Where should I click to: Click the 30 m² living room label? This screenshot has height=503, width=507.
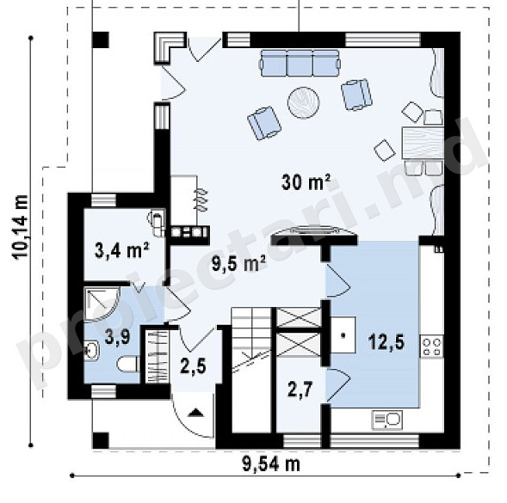[x=306, y=182]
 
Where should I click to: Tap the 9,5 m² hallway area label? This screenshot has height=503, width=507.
[x=238, y=264]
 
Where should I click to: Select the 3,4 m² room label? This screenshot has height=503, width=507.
[x=122, y=250]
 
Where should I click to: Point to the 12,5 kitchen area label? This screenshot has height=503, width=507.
[x=386, y=343]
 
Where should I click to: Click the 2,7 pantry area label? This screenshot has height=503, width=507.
[x=300, y=389]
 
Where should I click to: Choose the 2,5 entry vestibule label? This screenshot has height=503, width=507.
[x=194, y=366]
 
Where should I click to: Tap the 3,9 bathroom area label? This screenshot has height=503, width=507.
[x=118, y=337]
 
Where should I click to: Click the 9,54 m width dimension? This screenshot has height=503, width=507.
[x=271, y=465]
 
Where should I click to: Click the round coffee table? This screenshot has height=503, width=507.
[x=304, y=103]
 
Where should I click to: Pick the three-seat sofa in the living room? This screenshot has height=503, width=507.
[x=300, y=63]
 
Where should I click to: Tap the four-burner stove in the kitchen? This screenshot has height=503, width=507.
[x=431, y=347]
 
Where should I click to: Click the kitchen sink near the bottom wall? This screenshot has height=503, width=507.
[x=386, y=420]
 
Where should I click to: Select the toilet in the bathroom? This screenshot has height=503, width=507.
[x=128, y=364]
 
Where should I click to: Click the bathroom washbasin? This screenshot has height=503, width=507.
[x=91, y=350]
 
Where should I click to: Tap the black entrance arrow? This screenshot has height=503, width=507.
[x=195, y=412]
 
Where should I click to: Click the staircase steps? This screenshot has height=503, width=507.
[x=251, y=339]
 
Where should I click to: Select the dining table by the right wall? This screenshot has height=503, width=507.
[x=423, y=143]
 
